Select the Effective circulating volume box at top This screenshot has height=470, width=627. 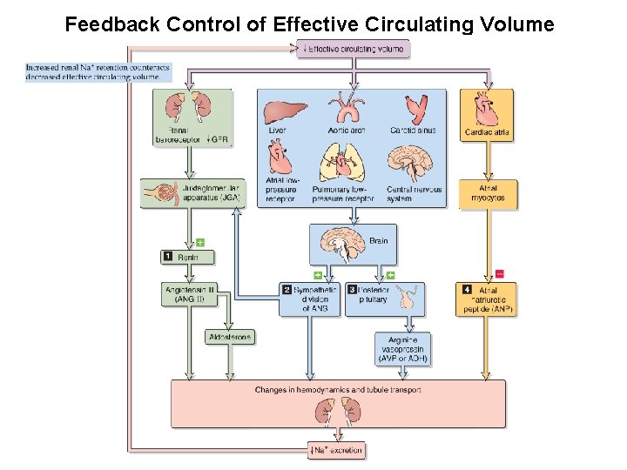[353, 49]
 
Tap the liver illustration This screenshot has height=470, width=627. [285, 111]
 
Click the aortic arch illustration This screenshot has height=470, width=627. [347, 108]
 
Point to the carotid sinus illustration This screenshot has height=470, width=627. [412, 108]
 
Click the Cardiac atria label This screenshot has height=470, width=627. [488, 133]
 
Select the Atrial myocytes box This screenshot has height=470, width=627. [488, 194]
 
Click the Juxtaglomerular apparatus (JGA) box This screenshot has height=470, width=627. [192, 192]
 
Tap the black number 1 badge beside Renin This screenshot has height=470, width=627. [168, 257]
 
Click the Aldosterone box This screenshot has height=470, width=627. [231, 337]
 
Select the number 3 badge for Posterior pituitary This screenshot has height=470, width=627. [353, 289]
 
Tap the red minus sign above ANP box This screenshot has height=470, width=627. [499, 274]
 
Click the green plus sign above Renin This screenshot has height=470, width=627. [199, 242]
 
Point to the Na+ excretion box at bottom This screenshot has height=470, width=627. [336, 450]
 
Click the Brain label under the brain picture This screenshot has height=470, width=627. [378, 240]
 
